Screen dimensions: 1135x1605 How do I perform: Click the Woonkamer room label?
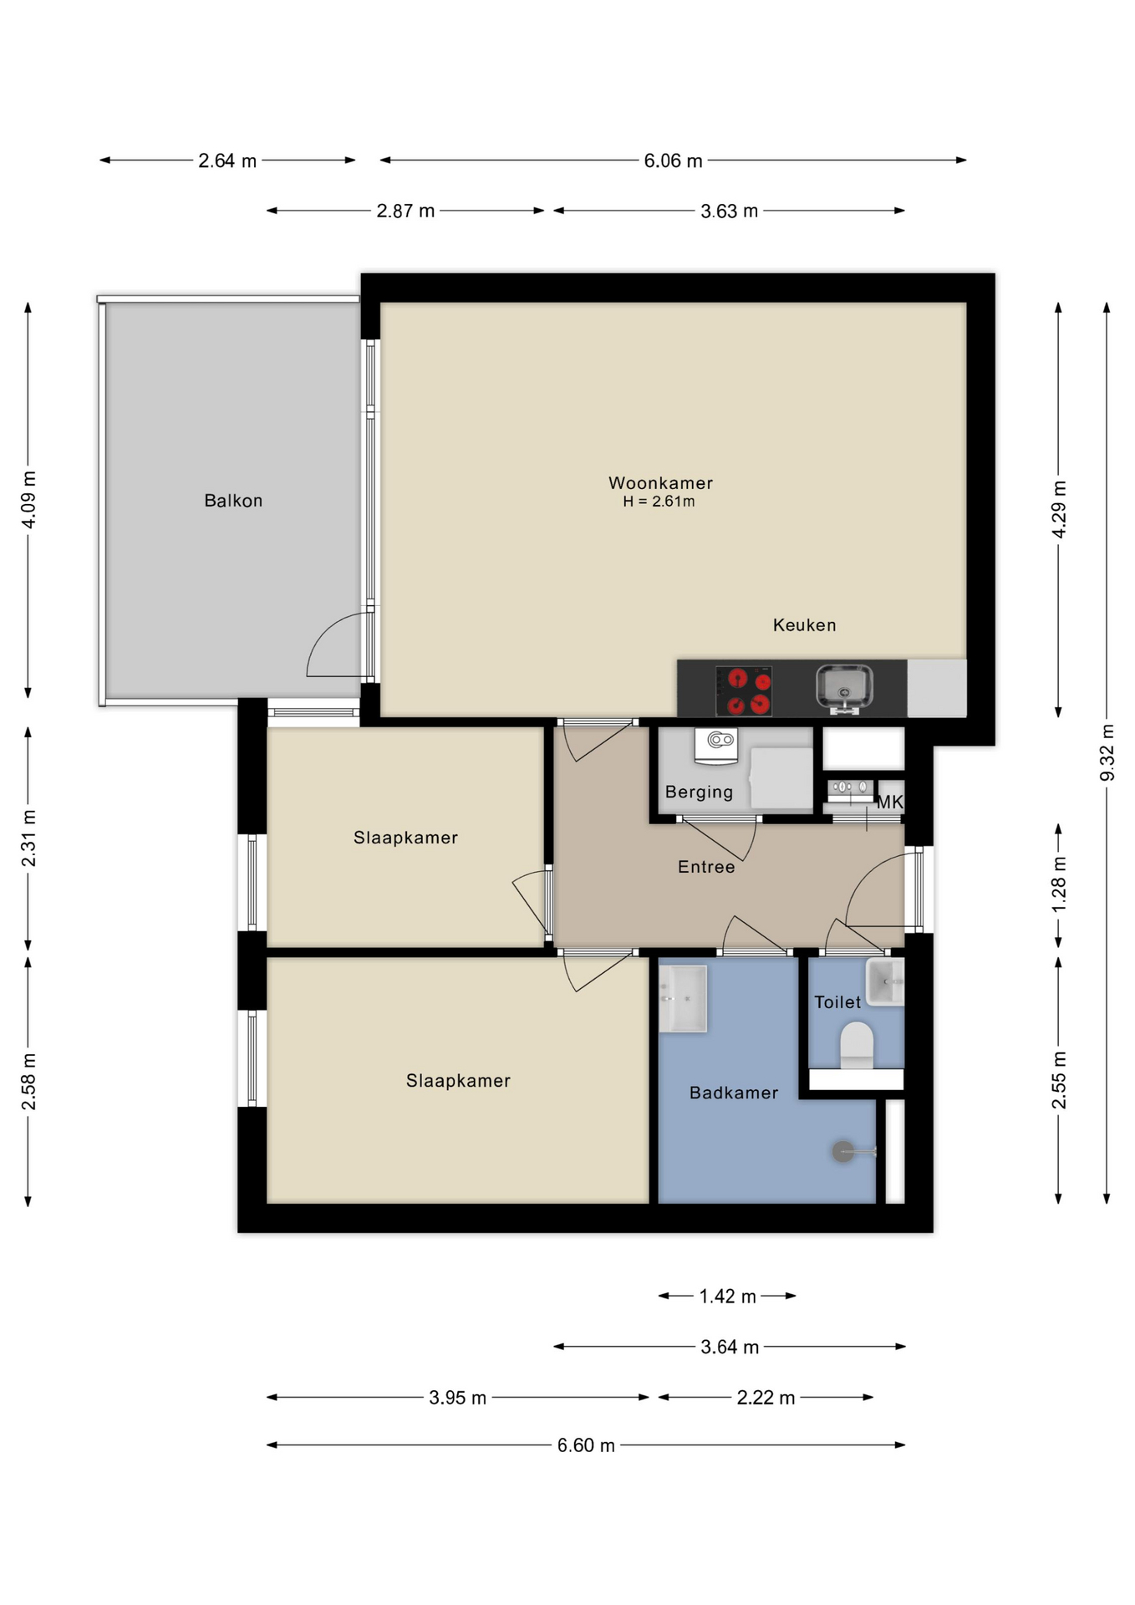pos(660,483)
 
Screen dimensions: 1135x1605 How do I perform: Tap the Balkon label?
pos(233,501)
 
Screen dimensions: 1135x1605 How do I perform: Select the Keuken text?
pos(804,625)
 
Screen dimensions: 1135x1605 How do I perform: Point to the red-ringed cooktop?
pos(744,691)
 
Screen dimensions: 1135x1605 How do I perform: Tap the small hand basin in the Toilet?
pos(885,982)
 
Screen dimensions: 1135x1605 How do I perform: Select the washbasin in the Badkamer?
pos(683,999)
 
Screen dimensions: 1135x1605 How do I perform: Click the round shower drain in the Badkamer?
pos(842,1152)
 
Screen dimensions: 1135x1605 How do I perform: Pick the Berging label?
pos(699,792)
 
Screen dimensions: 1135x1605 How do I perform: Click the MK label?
pos(889,802)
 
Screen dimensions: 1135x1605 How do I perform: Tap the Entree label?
pos(706,868)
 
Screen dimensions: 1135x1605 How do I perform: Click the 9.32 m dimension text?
pos(1107,752)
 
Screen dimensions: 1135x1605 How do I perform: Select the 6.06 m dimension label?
pos(673,160)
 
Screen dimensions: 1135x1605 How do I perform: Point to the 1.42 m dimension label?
pos(727,1297)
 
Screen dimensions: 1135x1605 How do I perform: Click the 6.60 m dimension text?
pos(586,1445)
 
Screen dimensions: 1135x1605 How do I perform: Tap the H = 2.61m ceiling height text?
pos(659,502)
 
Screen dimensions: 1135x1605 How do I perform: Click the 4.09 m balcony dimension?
pos(28,499)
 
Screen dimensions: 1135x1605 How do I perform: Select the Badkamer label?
pos(734,1093)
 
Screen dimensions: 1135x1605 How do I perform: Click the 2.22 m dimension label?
pos(766,1398)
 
